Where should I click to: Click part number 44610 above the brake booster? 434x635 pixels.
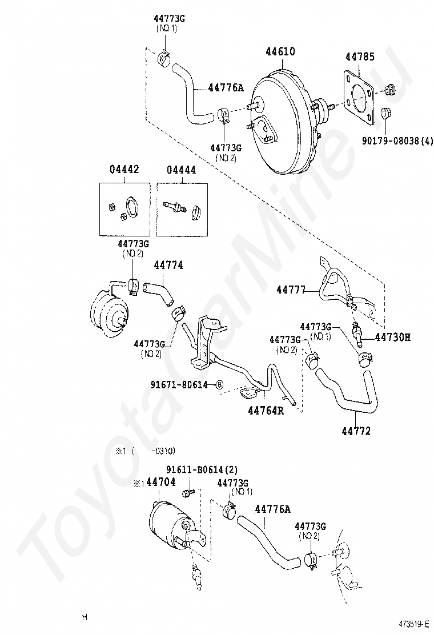click(x=280, y=52)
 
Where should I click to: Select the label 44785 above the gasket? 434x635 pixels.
click(x=360, y=57)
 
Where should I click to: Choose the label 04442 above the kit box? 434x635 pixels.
click(x=124, y=170)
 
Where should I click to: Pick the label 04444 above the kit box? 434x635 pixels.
click(x=182, y=170)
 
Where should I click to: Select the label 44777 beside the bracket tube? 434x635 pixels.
click(x=291, y=290)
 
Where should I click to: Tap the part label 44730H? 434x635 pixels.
click(x=393, y=337)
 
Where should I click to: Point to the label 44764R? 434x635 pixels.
click(x=266, y=410)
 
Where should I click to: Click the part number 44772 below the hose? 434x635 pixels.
click(x=356, y=431)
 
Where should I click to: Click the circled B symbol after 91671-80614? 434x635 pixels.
click(x=219, y=385)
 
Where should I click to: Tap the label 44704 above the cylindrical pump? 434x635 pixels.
click(x=160, y=483)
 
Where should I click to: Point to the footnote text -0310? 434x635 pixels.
click(x=159, y=450)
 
